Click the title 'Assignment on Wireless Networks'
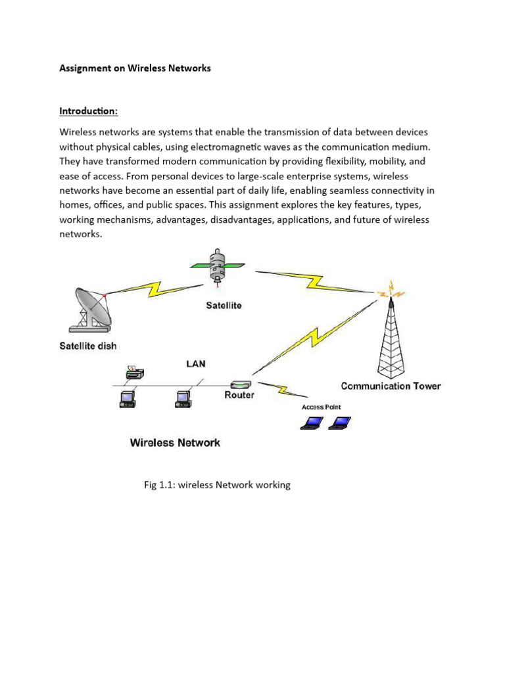135,68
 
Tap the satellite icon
218,266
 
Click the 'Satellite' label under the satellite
223,305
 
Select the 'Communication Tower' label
391,386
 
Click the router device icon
239,384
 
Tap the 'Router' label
239,396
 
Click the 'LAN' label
196,363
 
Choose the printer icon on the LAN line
133,374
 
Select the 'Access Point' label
321,407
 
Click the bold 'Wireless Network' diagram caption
175,442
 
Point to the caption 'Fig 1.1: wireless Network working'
217,485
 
